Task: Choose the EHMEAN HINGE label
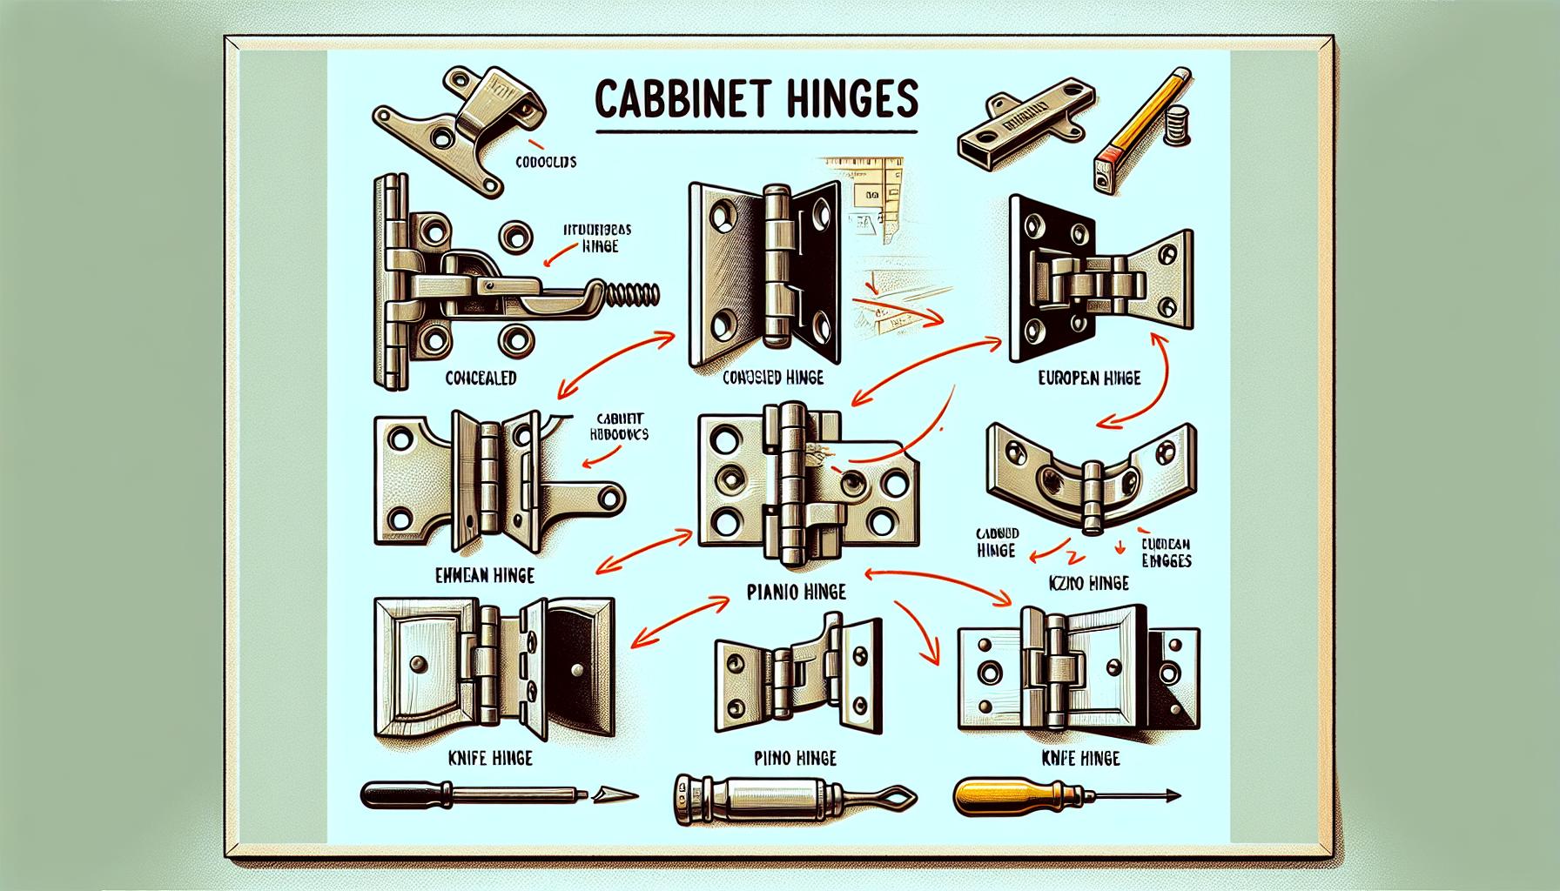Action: pyautogui.click(x=484, y=575)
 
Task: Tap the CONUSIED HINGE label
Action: pyautogui.click(x=774, y=379)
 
